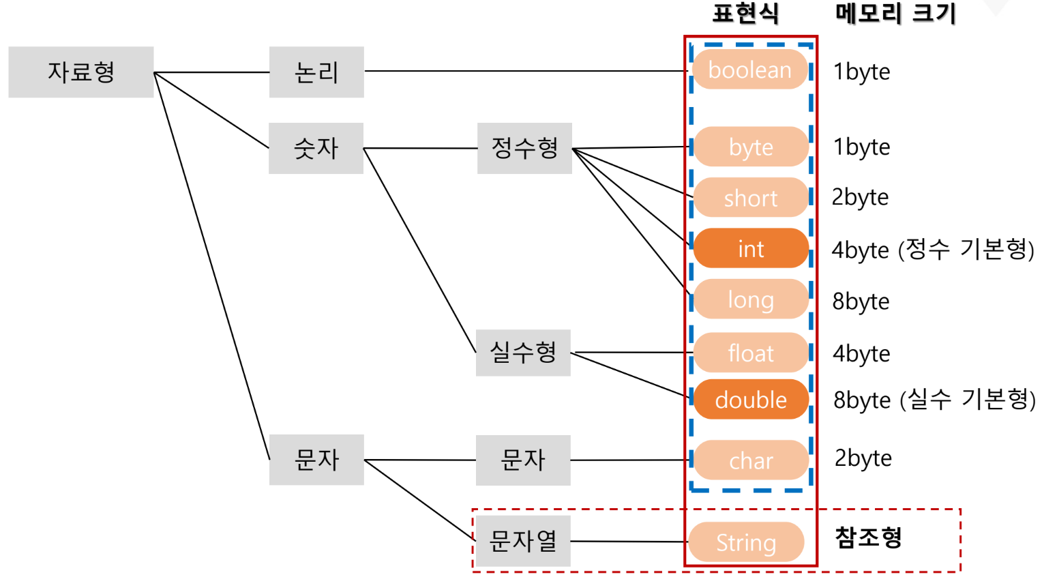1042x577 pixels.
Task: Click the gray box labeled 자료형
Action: tap(81, 72)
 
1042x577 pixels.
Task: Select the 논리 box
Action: tap(316, 72)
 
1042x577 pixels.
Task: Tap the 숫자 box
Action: tap(316, 149)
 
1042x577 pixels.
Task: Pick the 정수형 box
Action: tap(524, 149)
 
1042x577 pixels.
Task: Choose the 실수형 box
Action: tap(523, 353)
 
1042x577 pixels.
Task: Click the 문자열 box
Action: tap(523, 541)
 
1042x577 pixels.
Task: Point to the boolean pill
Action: tap(750, 70)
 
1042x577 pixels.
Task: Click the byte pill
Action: tap(751, 147)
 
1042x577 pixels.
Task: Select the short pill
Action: tap(751, 197)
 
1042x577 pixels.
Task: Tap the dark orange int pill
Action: tap(751, 248)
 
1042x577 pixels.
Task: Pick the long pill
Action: tap(751, 299)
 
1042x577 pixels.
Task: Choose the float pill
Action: tap(751, 352)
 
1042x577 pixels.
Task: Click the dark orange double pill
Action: tap(751, 399)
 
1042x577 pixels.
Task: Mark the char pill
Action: tap(751, 460)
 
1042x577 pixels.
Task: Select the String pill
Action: tap(746, 542)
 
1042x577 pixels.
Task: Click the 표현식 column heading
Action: tap(745, 13)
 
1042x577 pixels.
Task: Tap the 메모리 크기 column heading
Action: tap(895, 13)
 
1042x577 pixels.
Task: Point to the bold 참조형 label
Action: tap(868, 537)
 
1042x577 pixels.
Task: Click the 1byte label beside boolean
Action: tap(861, 72)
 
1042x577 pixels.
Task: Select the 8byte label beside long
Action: tap(861, 301)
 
